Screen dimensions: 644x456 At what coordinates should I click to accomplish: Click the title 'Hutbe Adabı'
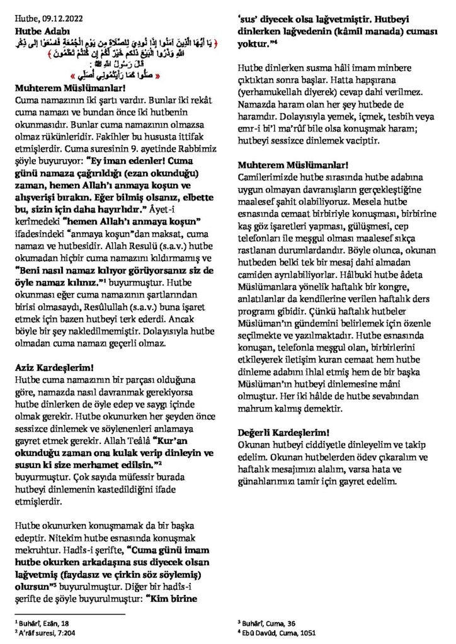(x=38, y=30)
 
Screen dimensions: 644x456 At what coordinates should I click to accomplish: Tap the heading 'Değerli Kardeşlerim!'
(x=283, y=433)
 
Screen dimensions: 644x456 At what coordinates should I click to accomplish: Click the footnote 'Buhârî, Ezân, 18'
(x=46, y=622)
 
